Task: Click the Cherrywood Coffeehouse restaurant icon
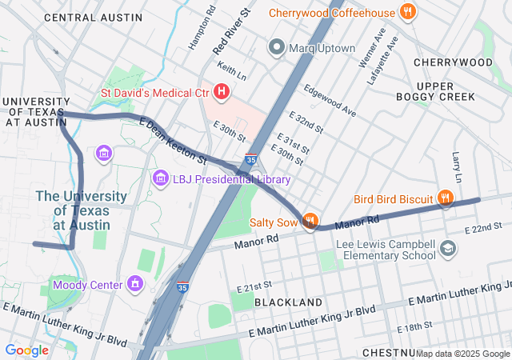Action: (408, 12)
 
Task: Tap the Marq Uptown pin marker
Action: (277, 48)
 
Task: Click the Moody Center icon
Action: (134, 284)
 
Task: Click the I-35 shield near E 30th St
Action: (251, 161)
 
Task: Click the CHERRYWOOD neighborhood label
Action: (453, 62)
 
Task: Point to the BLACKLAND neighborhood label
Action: (288, 302)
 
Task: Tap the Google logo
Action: (26, 350)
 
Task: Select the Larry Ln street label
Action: (457, 166)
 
